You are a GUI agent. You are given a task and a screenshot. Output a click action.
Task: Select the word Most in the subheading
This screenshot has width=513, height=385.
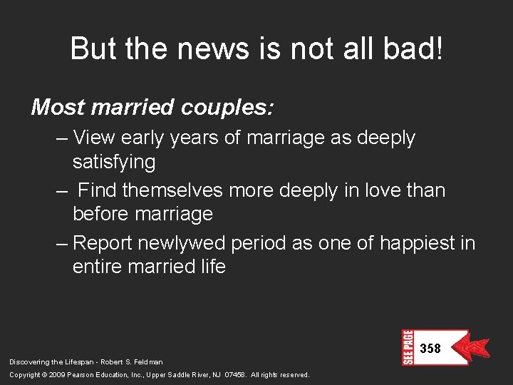(58, 107)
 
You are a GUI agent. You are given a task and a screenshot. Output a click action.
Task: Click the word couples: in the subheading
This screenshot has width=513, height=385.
(230, 108)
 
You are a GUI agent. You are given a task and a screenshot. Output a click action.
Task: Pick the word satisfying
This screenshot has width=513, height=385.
(114, 163)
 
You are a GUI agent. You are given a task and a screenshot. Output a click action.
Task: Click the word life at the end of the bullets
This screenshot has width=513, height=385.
(212, 267)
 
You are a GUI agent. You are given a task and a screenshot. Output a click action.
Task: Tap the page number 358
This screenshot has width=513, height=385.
(430, 349)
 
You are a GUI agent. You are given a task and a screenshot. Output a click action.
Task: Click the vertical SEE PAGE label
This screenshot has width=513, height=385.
(408, 347)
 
